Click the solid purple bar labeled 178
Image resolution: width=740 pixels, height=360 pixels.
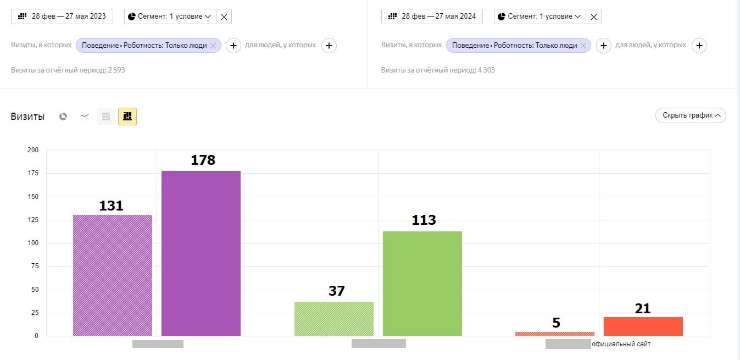[x=201, y=253]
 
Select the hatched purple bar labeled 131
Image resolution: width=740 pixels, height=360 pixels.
[x=113, y=275]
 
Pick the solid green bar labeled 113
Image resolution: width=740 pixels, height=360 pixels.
[x=422, y=283]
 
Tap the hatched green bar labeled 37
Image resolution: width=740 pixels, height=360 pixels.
[x=334, y=318]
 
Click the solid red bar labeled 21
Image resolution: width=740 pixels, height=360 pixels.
[x=643, y=326]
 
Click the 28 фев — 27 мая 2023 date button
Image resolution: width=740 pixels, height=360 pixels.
[x=62, y=16]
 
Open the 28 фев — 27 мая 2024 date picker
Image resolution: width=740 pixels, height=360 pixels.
[x=432, y=16]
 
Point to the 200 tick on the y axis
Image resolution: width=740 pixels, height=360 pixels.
[x=33, y=150]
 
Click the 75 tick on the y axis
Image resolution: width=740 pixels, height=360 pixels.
[x=34, y=267]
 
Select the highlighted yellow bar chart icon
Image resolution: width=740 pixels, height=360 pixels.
[x=127, y=116]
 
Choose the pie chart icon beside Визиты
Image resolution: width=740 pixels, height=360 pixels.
[x=63, y=117]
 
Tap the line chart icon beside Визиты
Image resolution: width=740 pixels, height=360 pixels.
[x=85, y=117]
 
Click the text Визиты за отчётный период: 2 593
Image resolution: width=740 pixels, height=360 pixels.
[x=68, y=70]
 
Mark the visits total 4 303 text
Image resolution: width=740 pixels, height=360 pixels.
[x=438, y=70]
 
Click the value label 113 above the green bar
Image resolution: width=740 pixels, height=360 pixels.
[x=424, y=220]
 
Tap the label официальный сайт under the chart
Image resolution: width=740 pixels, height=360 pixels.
[x=621, y=344]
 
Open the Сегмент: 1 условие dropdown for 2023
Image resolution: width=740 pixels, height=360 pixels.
[x=170, y=16]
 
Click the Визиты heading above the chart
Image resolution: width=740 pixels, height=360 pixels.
[x=27, y=117]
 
